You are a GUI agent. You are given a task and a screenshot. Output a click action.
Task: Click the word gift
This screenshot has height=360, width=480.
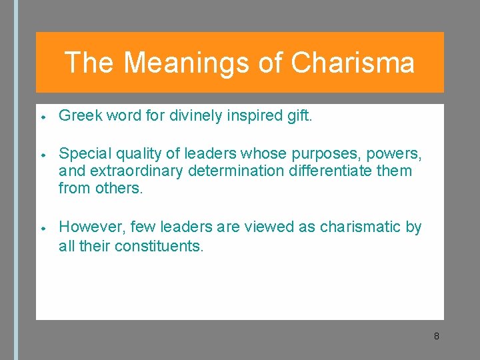(x=299, y=117)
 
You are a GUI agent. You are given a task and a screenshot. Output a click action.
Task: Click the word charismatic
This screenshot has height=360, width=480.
(x=361, y=227)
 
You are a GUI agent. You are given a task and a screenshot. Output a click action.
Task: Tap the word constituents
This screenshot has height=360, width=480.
(x=159, y=246)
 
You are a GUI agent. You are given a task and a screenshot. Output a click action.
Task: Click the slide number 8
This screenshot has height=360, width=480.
(x=436, y=336)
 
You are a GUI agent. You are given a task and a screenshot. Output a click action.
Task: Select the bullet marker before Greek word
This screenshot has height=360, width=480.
(x=42, y=117)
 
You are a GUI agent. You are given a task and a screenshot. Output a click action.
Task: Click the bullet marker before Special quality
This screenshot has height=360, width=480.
(x=42, y=155)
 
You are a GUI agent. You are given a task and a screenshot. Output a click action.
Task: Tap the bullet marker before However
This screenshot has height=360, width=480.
(x=42, y=227)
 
